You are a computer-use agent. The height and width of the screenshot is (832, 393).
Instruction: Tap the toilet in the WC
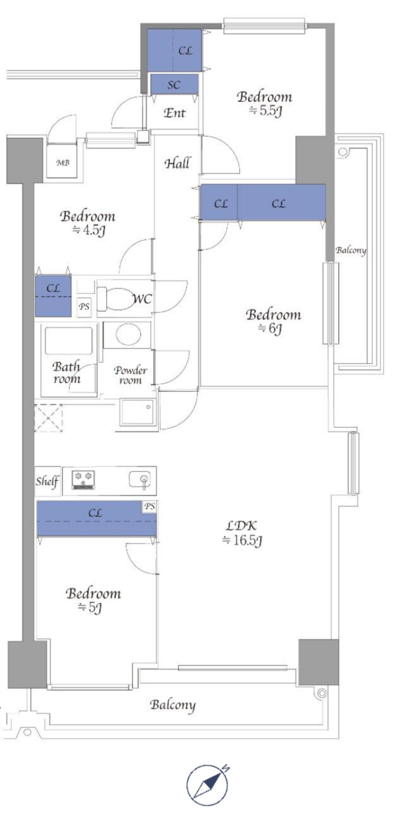(114, 299)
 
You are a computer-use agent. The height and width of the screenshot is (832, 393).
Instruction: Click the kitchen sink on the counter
(140, 480)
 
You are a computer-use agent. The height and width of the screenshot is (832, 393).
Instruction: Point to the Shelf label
(47, 481)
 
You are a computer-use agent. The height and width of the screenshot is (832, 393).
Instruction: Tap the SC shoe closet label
(174, 85)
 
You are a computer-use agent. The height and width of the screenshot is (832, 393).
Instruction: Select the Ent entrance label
(174, 113)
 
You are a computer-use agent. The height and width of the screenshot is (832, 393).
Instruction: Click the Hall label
(177, 163)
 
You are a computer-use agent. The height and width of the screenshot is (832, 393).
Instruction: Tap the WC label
(142, 299)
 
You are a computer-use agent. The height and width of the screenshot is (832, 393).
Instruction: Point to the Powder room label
(130, 375)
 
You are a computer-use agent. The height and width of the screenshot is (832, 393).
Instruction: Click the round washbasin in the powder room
(128, 334)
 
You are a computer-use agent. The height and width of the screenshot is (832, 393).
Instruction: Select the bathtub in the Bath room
(69, 341)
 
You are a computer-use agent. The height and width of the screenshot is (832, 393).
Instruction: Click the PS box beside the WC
(84, 307)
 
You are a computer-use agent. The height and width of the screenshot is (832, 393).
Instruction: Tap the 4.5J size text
(89, 230)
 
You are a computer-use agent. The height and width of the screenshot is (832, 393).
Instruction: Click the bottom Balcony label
(173, 705)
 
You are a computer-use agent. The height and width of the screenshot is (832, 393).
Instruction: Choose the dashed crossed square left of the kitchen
(49, 418)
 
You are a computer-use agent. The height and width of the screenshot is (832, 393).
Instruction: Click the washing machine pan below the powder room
(137, 412)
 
